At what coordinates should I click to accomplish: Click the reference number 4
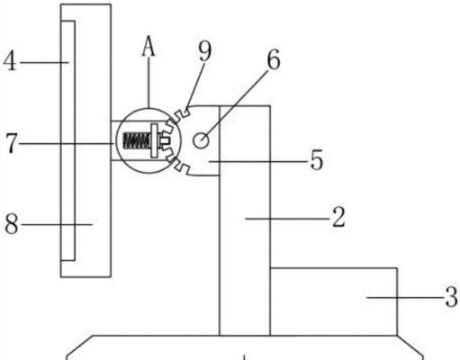10,61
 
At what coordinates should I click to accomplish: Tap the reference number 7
12,143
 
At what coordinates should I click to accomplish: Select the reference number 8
12,224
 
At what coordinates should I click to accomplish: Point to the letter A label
149,46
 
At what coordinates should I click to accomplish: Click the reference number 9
205,50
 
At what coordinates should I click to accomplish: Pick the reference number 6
274,60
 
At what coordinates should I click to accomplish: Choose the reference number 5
317,160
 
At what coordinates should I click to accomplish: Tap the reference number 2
338,217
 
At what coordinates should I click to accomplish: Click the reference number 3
452,297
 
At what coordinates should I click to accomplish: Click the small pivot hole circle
201,140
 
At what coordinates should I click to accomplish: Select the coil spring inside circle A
137,140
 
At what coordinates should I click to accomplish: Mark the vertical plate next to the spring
154,140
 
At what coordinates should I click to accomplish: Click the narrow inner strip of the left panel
68,140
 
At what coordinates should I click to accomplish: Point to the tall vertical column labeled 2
245,220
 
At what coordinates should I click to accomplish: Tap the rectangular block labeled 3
334,301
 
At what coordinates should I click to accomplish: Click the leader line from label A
149,82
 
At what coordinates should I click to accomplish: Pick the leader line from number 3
406,297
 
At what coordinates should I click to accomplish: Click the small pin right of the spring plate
164,140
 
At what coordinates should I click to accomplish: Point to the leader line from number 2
288,219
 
